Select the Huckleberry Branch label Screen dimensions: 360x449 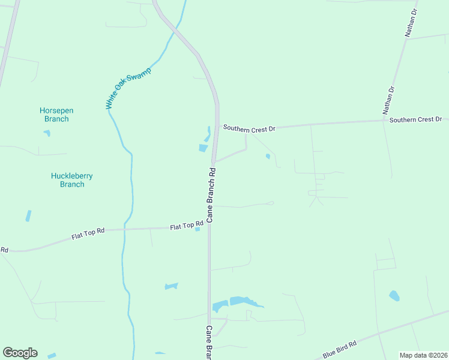(72, 180)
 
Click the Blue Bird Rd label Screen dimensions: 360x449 (340, 347)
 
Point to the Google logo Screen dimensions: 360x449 (20, 353)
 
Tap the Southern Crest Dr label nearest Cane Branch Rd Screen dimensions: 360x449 (249, 128)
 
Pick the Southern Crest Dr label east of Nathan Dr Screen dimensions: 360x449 (415, 120)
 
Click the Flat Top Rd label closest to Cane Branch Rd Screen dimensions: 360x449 (187, 226)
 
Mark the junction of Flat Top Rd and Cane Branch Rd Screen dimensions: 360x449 (209, 227)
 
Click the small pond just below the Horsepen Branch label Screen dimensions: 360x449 (47, 133)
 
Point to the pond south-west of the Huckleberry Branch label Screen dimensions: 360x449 (28, 215)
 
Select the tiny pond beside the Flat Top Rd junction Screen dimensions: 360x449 (197, 229)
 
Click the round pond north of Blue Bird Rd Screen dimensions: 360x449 (394, 295)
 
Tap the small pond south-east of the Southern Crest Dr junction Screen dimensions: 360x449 (268, 157)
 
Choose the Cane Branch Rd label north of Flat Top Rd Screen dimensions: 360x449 (211, 195)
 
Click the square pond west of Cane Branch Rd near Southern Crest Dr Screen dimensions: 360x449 (203, 148)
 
